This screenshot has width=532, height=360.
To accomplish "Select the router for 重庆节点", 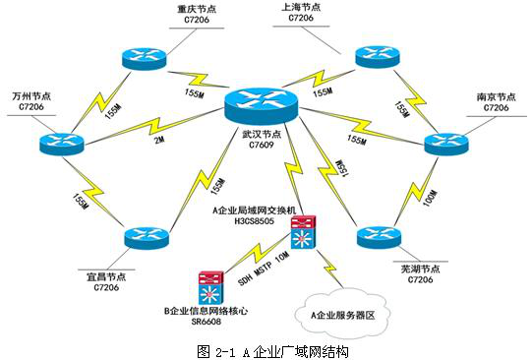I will coord(146,57).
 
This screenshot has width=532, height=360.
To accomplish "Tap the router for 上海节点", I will coord(378,56).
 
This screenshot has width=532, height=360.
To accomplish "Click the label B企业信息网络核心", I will coord(206,311).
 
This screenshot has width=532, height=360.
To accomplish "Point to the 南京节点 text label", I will coord(495,96).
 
